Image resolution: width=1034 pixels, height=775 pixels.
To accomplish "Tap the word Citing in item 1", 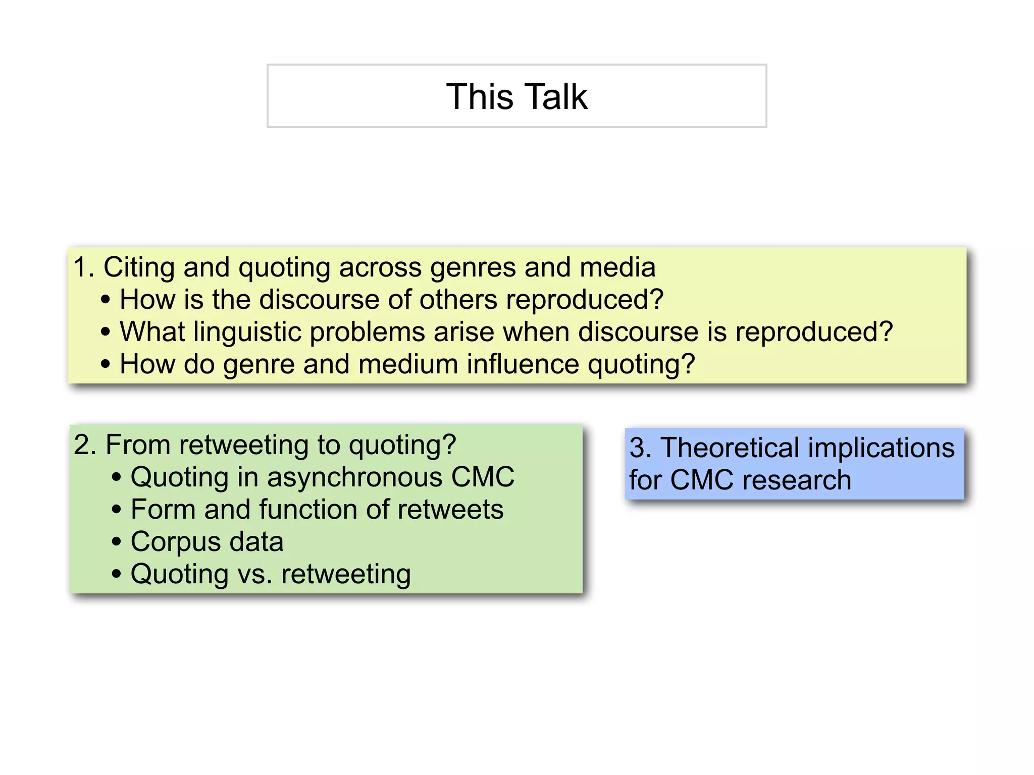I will click(138, 267).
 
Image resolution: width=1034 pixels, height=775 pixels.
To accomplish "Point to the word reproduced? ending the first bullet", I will click(585, 300).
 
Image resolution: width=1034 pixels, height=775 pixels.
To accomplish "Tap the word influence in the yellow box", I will click(523, 364).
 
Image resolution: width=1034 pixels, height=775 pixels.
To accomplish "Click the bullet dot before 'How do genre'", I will click(105, 364).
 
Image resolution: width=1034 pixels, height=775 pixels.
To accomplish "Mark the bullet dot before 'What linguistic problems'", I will click(105, 332).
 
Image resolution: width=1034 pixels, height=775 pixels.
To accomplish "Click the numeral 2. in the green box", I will click(85, 445).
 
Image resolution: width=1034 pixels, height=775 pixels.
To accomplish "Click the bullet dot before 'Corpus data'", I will click(117, 542).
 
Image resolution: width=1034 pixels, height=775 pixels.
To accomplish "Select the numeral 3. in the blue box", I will click(640, 448).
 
